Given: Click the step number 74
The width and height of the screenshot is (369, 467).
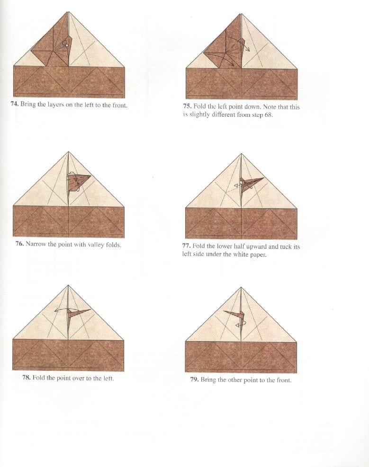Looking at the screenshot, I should pos(15,105).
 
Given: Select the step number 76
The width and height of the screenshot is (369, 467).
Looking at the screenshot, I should pos(19,245).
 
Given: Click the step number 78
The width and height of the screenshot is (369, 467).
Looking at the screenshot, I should pos(26,378).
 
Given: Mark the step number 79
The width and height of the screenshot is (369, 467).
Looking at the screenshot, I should pos(194,379).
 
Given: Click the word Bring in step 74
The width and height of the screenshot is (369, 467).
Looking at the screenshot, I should pos(28,105).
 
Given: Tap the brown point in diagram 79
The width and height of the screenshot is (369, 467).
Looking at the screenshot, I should pos(233,316).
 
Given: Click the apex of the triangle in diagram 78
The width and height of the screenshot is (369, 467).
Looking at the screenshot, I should pos(69,286).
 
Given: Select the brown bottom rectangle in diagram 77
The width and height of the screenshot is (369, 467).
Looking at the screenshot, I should pos(242,223).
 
